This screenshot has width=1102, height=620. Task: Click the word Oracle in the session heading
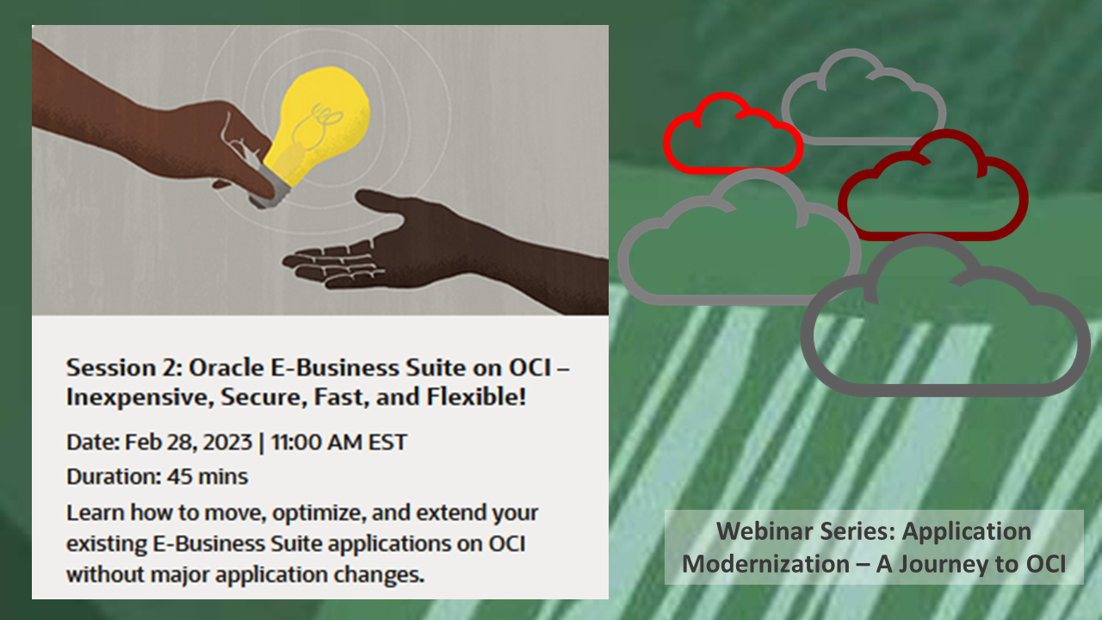coord(220,368)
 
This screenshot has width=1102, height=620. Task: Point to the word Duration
coord(102,475)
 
